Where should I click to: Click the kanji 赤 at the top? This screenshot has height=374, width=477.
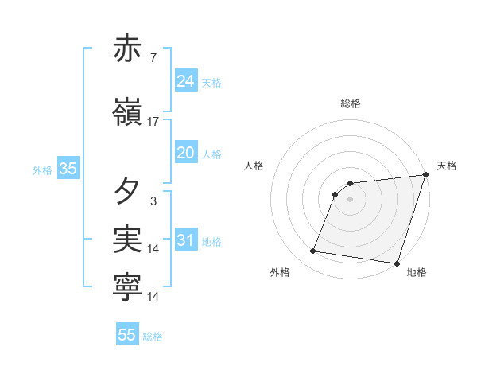click(127, 49)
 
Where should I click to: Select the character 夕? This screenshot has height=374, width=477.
click(127, 191)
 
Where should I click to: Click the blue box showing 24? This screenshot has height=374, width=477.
click(186, 81)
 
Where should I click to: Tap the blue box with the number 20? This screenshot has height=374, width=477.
click(186, 153)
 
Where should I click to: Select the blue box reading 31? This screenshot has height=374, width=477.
click(186, 240)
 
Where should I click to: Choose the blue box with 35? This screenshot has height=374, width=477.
click(68, 169)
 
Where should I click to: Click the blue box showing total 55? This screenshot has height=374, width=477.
click(127, 335)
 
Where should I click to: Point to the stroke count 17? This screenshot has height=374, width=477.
click(153, 121)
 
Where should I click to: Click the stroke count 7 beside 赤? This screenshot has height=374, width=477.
click(153, 58)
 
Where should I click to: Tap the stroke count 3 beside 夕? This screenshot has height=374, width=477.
click(153, 201)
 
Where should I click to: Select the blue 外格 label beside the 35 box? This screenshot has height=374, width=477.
click(42, 169)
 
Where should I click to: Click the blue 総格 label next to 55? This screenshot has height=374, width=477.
click(153, 337)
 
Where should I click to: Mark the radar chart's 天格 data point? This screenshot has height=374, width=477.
click(425, 175)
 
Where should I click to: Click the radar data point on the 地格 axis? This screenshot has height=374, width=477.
click(396, 263)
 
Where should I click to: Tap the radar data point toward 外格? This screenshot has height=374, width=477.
click(313, 251)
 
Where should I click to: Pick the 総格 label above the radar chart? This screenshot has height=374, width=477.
click(350, 103)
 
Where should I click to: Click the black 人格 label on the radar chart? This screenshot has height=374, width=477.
click(254, 166)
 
